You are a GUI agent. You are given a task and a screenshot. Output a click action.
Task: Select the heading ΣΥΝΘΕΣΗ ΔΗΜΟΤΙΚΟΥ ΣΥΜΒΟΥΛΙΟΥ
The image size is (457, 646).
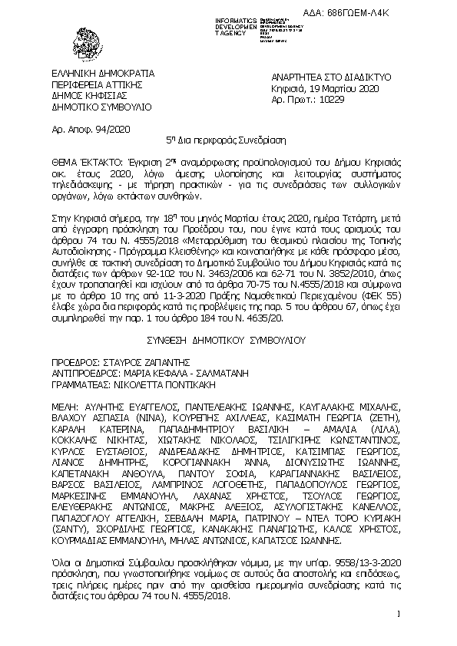227,338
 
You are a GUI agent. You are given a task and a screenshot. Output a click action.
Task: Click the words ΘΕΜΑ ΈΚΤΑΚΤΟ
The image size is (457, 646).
83,163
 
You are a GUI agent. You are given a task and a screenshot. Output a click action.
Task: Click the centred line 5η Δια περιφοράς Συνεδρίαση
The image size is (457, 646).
227,141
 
